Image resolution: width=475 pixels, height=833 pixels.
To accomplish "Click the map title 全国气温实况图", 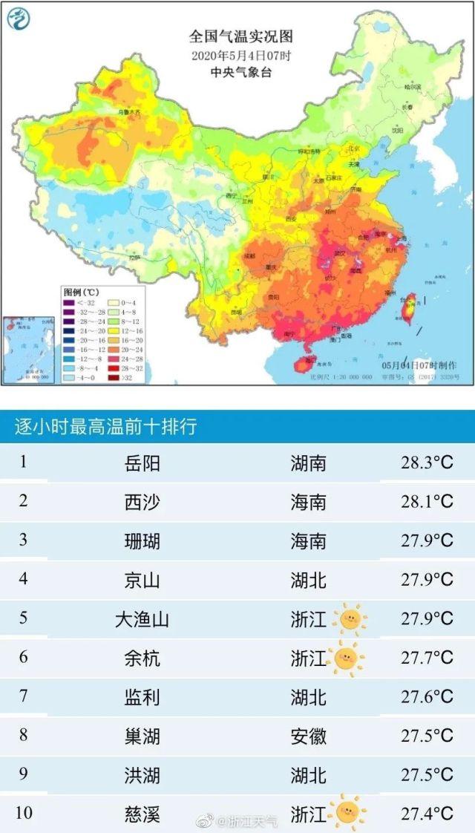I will click(242, 36).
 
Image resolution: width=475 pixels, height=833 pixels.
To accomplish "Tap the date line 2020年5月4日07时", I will click(241, 56).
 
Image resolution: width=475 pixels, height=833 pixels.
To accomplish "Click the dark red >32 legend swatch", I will click(114, 377).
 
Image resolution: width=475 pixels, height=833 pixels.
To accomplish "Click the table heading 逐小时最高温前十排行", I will click(105, 427).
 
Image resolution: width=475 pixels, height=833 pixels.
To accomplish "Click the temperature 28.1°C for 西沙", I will click(426, 502).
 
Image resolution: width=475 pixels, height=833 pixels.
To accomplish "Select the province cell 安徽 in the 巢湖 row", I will click(308, 736).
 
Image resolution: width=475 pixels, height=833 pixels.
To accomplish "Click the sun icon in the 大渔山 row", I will click(349, 618).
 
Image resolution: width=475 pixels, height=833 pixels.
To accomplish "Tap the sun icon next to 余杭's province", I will click(345, 657).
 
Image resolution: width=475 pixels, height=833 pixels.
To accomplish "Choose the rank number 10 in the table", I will click(24, 812).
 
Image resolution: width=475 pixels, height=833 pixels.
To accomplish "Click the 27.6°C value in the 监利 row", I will click(426, 696).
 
